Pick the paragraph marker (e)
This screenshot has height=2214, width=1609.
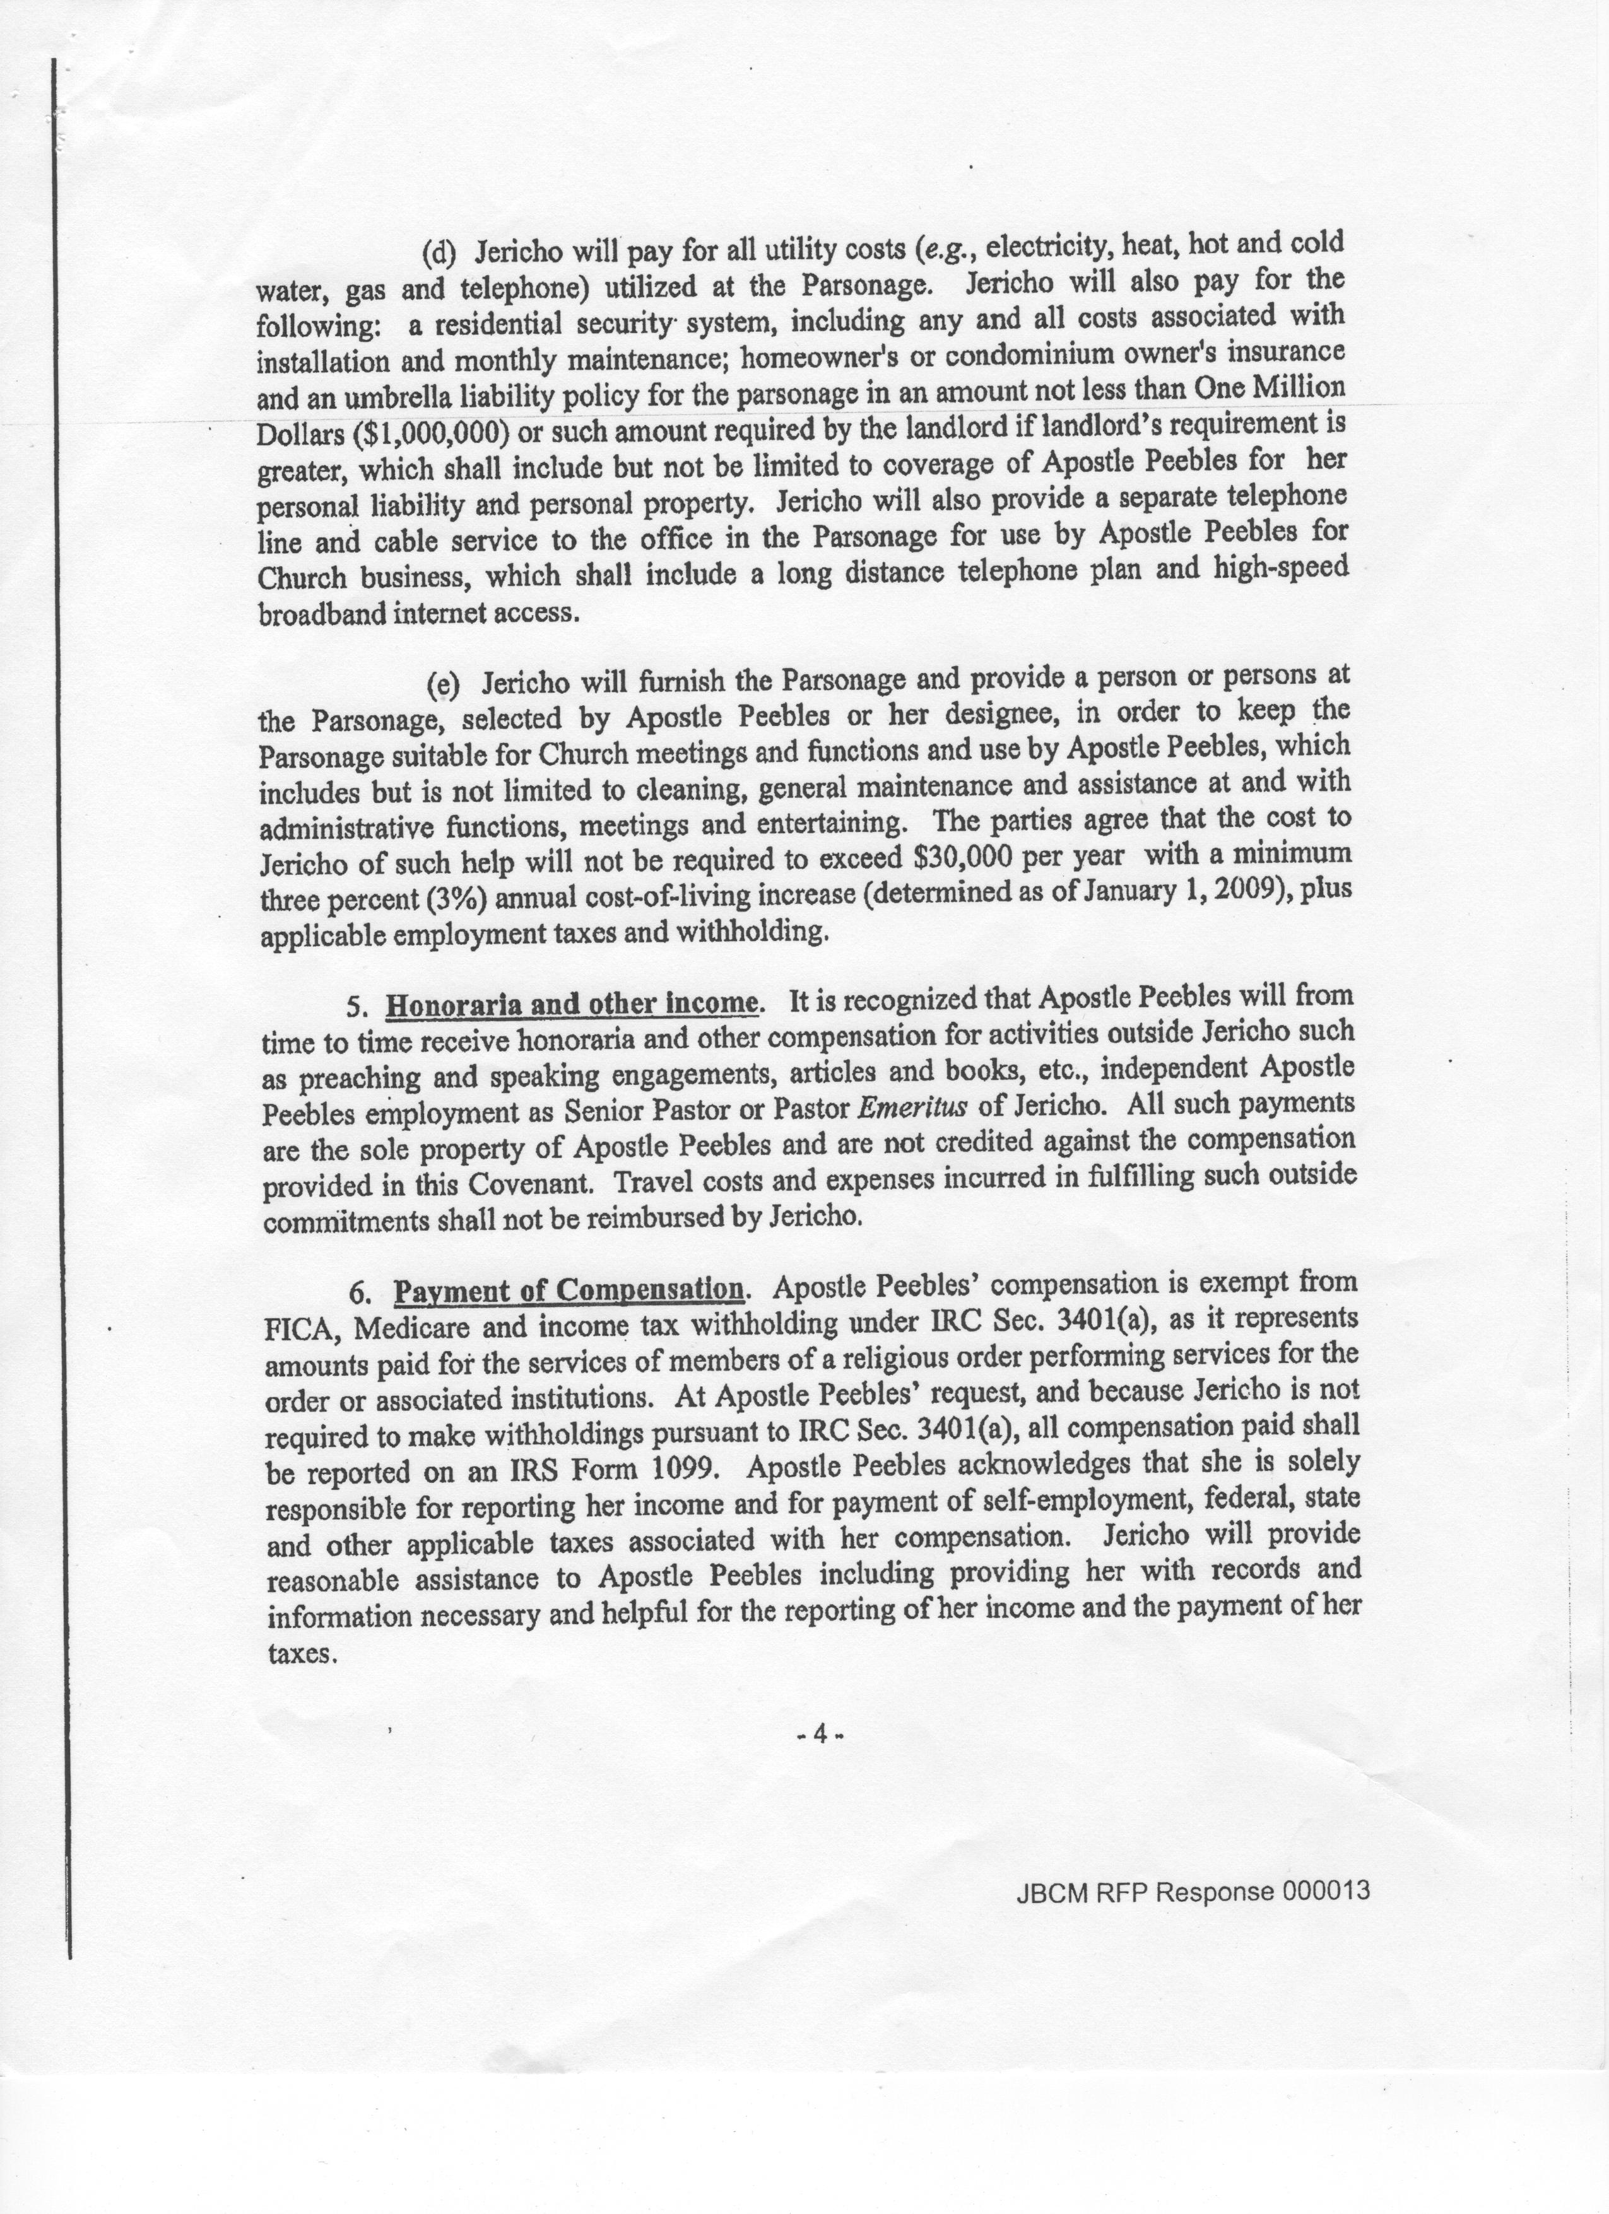[444, 683]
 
